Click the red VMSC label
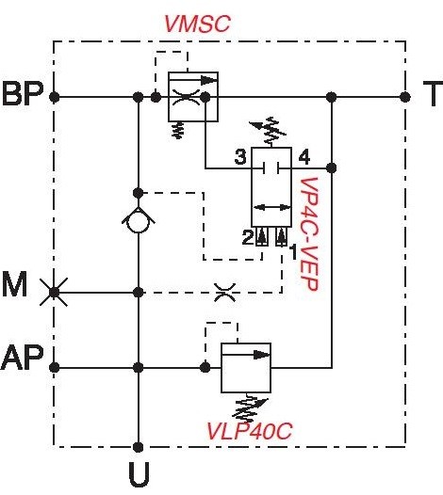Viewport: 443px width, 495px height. [198, 24]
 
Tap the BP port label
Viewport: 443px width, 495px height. [23, 94]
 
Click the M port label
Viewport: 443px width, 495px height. [14, 285]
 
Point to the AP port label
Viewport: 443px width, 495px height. [22, 358]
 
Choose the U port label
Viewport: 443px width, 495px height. [139, 474]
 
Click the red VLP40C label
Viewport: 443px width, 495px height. [249, 431]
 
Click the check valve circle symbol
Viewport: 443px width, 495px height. [139, 220]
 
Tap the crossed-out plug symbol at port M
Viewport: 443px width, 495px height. [54, 293]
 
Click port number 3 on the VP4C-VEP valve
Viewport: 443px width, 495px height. [240, 157]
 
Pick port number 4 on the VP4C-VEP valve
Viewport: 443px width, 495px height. [304, 157]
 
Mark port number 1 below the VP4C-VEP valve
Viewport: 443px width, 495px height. [293, 252]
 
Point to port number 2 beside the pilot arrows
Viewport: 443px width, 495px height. [248, 237]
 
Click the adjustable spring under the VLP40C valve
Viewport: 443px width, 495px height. [250, 407]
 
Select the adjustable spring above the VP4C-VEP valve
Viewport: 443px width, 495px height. [268, 132]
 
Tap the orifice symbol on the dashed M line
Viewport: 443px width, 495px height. [225, 293]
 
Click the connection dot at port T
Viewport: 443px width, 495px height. [405, 97]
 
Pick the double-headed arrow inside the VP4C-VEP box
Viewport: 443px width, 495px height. [272, 207]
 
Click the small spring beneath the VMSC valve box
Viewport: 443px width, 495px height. [178, 130]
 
